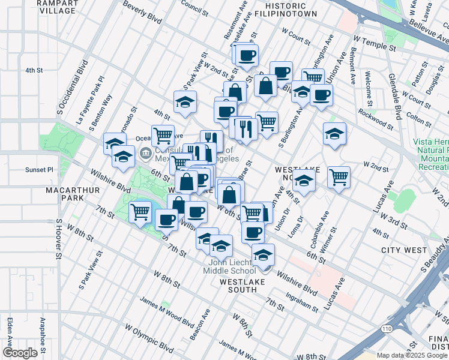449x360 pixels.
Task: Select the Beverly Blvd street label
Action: [x=142, y=13]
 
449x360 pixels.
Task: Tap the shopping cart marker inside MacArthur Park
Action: [x=140, y=211]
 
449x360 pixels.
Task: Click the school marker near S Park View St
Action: [x=185, y=101]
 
